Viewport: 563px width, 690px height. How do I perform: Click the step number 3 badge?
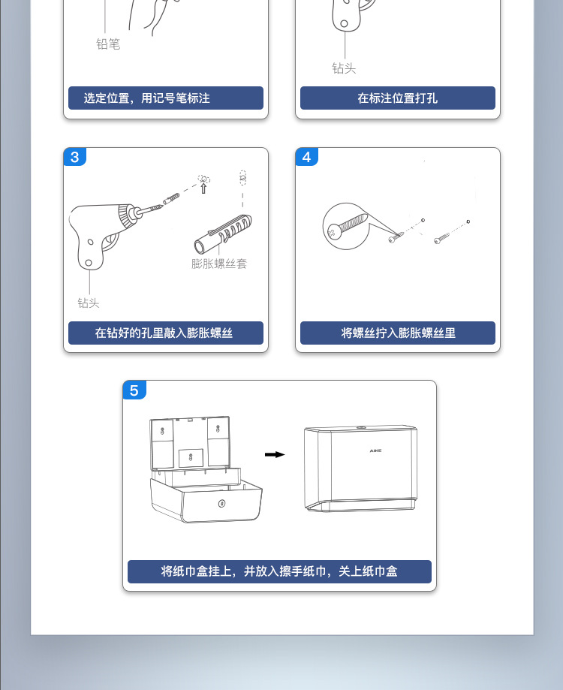pos(75,157)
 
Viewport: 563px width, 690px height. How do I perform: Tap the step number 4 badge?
pos(307,157)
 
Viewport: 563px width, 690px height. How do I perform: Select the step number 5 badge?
pos(134,390)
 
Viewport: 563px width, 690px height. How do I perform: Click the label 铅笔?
pos(108,45)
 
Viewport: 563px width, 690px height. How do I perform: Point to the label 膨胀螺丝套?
pos(219,264)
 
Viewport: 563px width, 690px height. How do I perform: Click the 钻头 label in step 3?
pos(89,303)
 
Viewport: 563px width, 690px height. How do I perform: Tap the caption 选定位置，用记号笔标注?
pos(166,98)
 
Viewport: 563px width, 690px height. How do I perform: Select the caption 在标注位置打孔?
pos(397,98)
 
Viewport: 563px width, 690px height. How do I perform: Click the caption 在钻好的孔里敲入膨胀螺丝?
pos(166,333)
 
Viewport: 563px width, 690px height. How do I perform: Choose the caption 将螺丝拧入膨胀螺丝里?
pos(397,333)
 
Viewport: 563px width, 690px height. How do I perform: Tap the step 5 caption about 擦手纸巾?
pos(279,571)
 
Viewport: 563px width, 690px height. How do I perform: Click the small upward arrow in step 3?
pos(203,188)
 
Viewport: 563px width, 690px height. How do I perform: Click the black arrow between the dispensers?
pos(275,454)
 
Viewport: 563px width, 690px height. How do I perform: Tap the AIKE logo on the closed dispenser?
pos(376,450)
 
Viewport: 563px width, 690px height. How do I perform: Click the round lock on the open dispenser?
pos(220,502)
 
